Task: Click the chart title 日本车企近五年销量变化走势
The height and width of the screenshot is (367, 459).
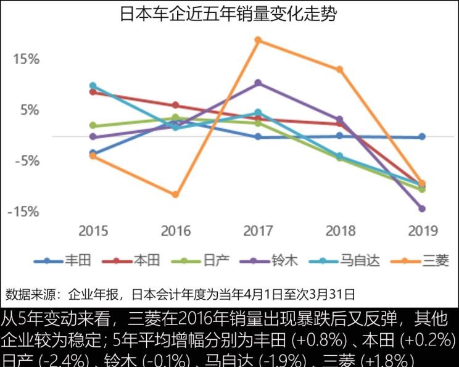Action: click(229, 14)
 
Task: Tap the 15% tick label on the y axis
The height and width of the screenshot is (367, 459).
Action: click(27, 59)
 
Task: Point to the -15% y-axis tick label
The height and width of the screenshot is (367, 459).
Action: click(23, 212)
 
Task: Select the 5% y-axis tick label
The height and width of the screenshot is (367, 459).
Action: click(29, 110)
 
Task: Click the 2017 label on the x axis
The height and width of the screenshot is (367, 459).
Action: click(258, 231)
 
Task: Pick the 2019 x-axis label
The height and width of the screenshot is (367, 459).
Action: click(423, 231)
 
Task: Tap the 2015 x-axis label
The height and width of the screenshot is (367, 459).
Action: click(93, 231)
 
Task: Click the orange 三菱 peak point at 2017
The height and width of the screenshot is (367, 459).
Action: click(258, 40)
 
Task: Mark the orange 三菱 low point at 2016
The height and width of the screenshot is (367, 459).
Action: click(175, 194)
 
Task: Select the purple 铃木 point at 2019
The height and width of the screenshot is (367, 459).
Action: click(422, 208)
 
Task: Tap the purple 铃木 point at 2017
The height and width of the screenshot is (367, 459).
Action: click(258, 83)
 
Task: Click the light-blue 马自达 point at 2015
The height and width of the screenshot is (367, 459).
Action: click(93, 86)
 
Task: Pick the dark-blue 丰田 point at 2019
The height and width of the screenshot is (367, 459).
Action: click(422, 136)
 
